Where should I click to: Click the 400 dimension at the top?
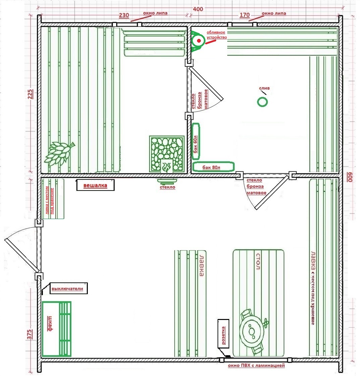[x=198, y=9]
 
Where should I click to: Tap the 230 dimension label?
[x=124, y=15]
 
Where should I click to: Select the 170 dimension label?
[x=245, y=15]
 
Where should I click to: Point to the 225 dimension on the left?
[x=31, y=94]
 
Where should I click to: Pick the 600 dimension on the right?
[x=350, y=177]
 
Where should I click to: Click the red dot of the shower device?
[x=199, y=41]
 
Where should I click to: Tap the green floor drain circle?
[x=262, y=102]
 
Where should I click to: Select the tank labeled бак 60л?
[x=196, y=142]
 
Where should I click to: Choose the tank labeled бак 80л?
[x=214, y=167]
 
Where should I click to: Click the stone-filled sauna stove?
[x=167, y=154]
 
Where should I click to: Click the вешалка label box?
[x=96, y=185]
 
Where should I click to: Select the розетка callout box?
[x=223, y=333]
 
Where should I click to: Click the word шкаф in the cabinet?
[x=50, y=323]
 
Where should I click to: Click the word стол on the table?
[x=258, y=261]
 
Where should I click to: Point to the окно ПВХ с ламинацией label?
[x=256, y=366]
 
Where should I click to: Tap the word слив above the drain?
[x=264, y=88]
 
